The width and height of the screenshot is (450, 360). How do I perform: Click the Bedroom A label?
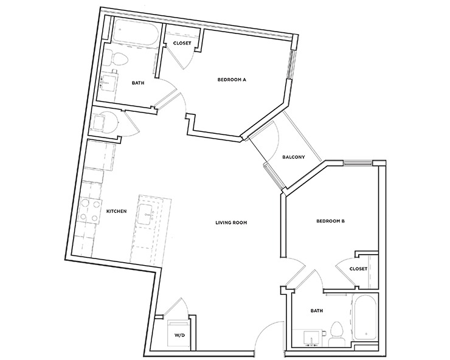click(x=232, y=80)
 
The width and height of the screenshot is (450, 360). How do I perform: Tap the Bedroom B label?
click(x=330, y=221)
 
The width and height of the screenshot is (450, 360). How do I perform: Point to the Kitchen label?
click(x=116, y=211)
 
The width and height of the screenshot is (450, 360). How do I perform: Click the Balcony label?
click(x=294, y=157)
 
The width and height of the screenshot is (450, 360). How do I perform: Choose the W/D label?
click(x=179, y=334)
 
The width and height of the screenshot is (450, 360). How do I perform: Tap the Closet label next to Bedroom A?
click(x=182, y=43)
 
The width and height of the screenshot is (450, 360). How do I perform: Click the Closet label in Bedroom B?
click(x=358, y=268)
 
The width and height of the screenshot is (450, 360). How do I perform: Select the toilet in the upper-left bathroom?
click(x=117, y=59)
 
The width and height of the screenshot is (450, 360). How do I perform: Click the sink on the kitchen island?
click(x=148, y=213)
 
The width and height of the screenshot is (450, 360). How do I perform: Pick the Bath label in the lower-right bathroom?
click(x=316, y=310)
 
